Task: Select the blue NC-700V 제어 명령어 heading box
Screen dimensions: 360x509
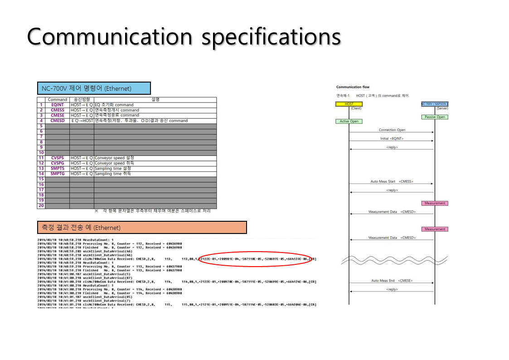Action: pos(93,88)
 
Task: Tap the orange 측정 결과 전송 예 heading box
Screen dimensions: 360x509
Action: pos(142,228)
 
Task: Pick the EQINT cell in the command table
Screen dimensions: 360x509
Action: pos(58,105)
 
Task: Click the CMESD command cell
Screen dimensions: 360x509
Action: pos(58,121)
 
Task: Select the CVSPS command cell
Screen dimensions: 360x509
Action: pos(58,158)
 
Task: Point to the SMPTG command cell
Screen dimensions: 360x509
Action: pos(58,174)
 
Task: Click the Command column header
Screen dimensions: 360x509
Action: pos(58,99)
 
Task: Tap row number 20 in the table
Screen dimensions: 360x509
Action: pos(41,206)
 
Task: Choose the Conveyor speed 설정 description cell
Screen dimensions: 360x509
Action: pos(114,158)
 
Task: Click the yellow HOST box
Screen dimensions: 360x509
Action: pos(349,104)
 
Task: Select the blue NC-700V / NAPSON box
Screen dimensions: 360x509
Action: pos(435,104)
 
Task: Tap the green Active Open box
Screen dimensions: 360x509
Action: pos(349,121)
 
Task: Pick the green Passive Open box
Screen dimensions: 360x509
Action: pos(435,117)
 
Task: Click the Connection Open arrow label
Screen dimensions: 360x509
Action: pos(392,130)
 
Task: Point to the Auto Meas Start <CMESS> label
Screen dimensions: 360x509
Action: pos(392,181)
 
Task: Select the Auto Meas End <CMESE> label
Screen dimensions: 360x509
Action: pos(392,281)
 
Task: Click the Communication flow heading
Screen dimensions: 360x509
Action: pos(353,87)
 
